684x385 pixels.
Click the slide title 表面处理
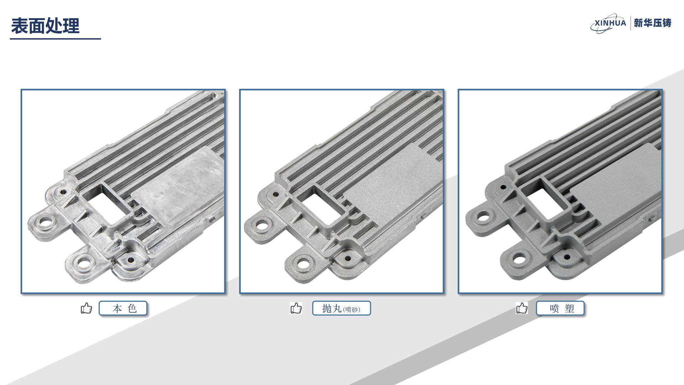(45, 26)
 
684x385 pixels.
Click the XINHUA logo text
(610, 23)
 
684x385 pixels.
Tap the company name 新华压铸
(653, 23)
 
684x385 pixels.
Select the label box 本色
(123, 308)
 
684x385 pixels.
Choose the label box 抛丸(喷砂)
(341, 308)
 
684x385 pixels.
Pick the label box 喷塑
(560, 308)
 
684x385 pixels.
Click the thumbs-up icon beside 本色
(86, 308)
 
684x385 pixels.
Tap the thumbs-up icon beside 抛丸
(296, 308)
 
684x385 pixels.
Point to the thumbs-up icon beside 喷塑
(522, 308)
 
